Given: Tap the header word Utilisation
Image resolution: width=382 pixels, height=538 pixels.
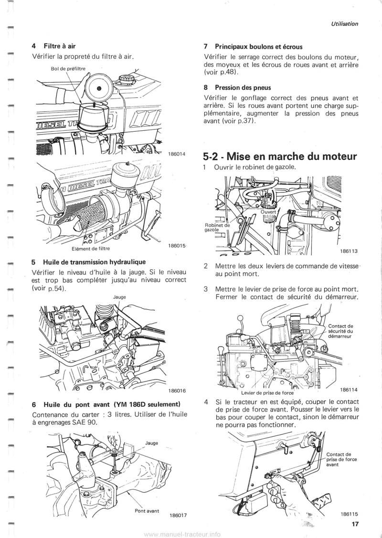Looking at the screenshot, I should [342, 23].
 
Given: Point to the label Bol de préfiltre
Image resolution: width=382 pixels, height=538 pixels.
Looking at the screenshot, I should [67, 68].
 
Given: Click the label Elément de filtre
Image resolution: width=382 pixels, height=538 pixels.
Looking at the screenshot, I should [88, 248].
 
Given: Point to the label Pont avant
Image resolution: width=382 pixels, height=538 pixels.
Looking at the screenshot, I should [146, 510].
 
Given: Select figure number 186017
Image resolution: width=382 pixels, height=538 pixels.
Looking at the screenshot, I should [177, 516].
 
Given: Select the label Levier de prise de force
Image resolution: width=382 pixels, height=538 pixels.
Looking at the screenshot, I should [267, 393].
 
